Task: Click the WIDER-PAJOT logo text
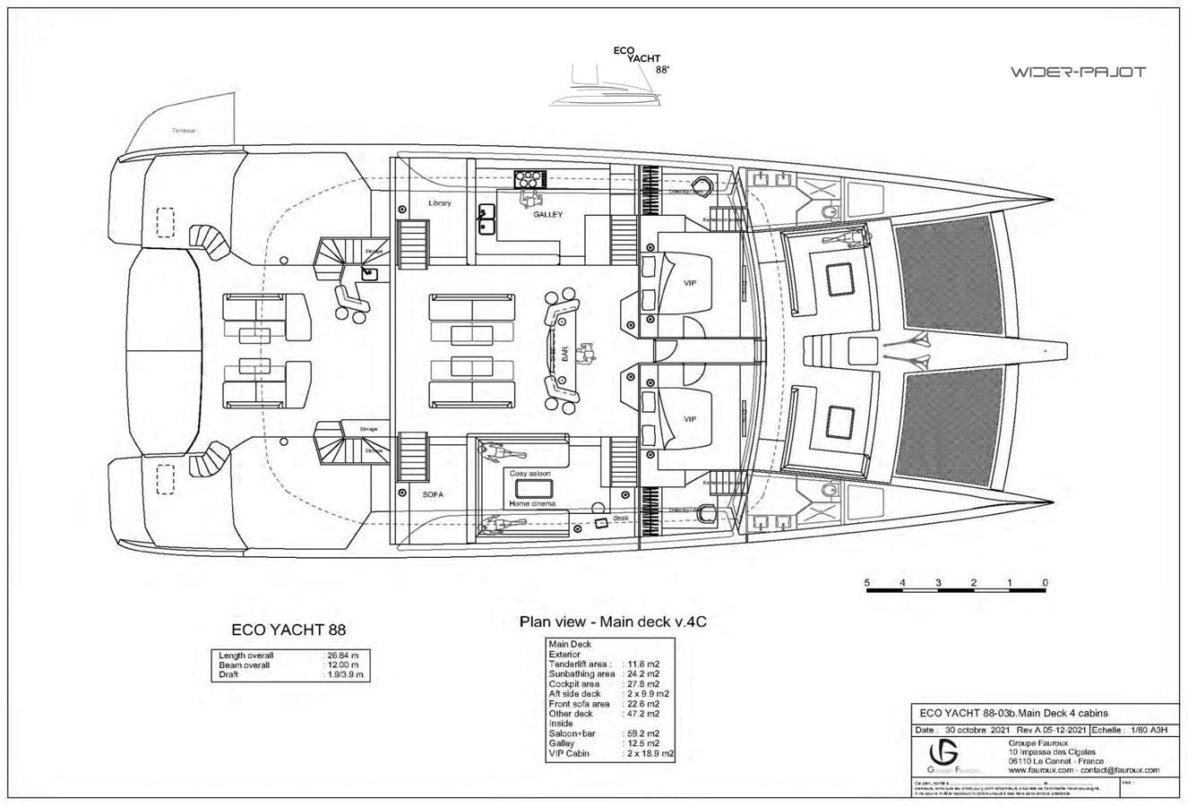pyautogui.click(x=1077, y=72)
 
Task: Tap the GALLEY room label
pyautogui.click(x=547, y=215)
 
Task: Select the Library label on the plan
pyautogui.click(x=439, y=203)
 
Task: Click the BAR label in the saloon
pyautogui.click(x=564, y=356)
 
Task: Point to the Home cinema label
pyautogui.click(x=532, y=504)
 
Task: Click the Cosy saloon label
pyautogui.click(x=529, y=473)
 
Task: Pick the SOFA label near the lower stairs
pyautogui.click(x=433, y=494)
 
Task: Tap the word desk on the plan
pyautogui.click(x=620, y=519)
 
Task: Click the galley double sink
pyautogui.click(x=487, y=218)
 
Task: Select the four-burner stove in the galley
pyautogui.click(x=528, y=178)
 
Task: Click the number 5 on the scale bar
pyautogui.click(x=866, y=583)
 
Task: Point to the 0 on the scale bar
pyautogui.click(x=1045, y=583)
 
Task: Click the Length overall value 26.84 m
pyautogui.click(x=342, y=656)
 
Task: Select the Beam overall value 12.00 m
pyautogui.click(x=342, y=665)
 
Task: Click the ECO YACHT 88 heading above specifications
pyautogui.click(x=288, y=630)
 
